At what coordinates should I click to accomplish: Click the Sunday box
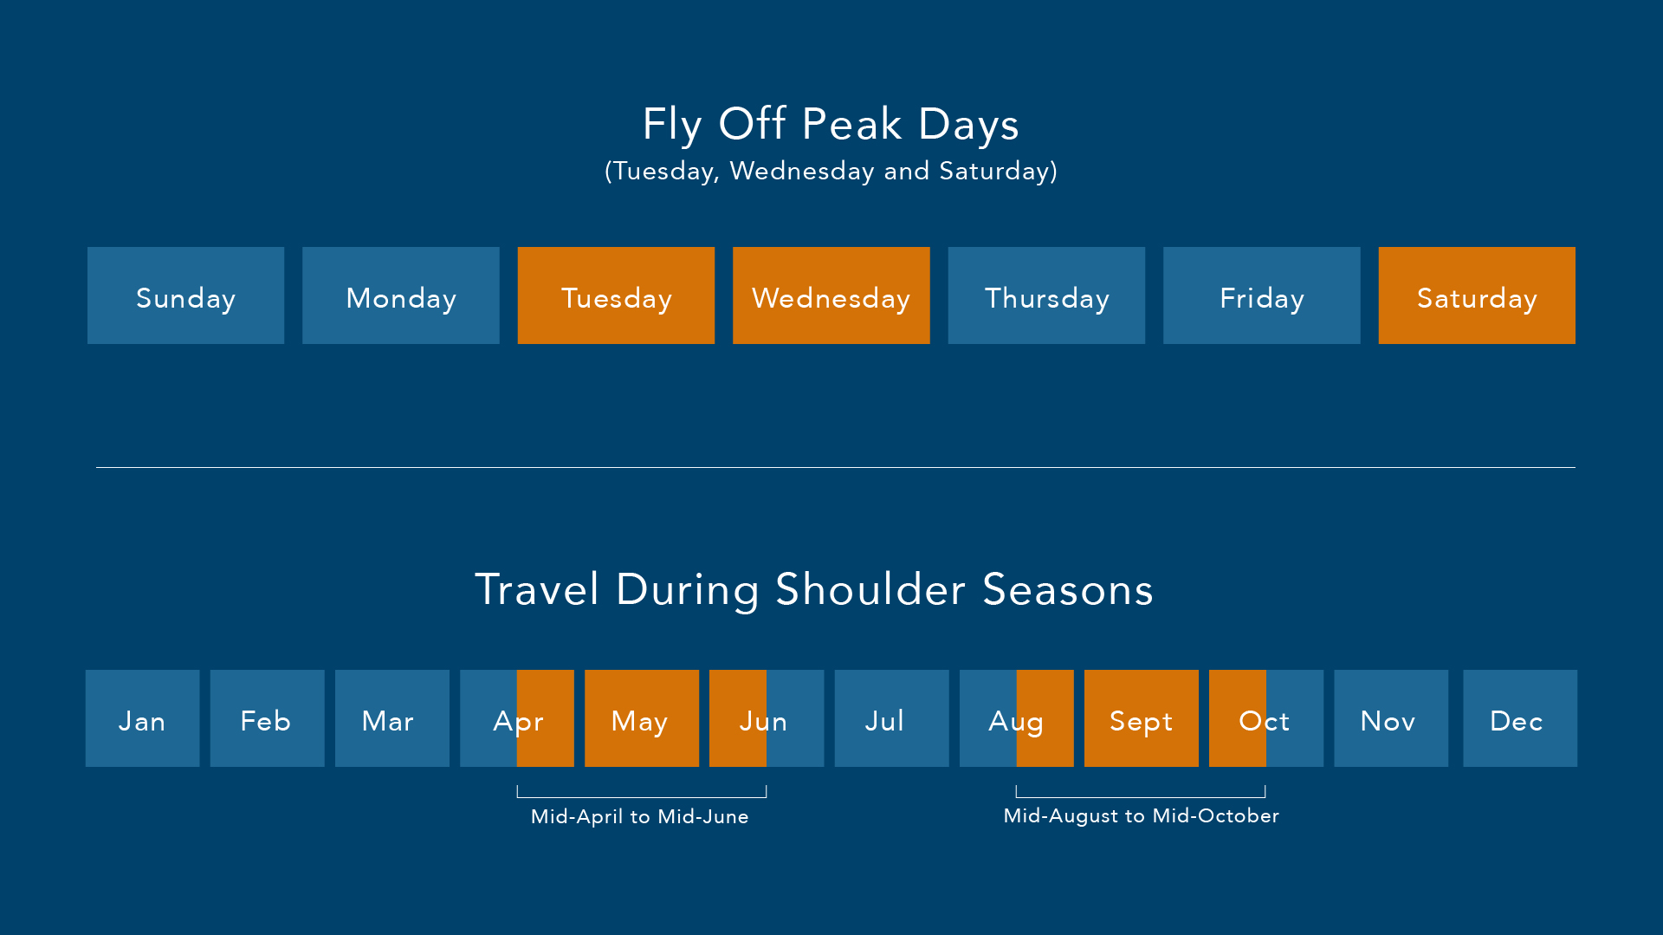(185, 295)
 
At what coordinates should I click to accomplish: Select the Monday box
(400, 295)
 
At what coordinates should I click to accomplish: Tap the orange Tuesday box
(616, 295)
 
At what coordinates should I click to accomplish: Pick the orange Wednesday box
(831, 295)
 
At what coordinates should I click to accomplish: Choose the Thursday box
(1046, 295)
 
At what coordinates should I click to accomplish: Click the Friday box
(1261, 295)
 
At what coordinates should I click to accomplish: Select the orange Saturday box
(1477, 295)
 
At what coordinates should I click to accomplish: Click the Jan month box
(142, 718)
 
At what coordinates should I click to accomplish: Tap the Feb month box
(267, 718)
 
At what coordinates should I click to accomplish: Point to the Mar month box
(391, 718)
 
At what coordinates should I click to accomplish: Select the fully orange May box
(641, 718)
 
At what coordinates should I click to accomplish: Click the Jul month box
(891, 718)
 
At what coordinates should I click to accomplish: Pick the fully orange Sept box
(1141, 718)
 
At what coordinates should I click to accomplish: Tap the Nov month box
(1390, 718)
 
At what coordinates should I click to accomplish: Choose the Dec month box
(1519, 718)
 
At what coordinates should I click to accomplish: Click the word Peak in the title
(852, 125)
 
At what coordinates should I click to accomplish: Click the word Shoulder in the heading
(870, 590)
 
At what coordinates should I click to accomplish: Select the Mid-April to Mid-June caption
(639, 816)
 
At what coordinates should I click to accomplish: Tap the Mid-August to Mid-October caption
(1141, 815)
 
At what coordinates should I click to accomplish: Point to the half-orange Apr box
(517, 718)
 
